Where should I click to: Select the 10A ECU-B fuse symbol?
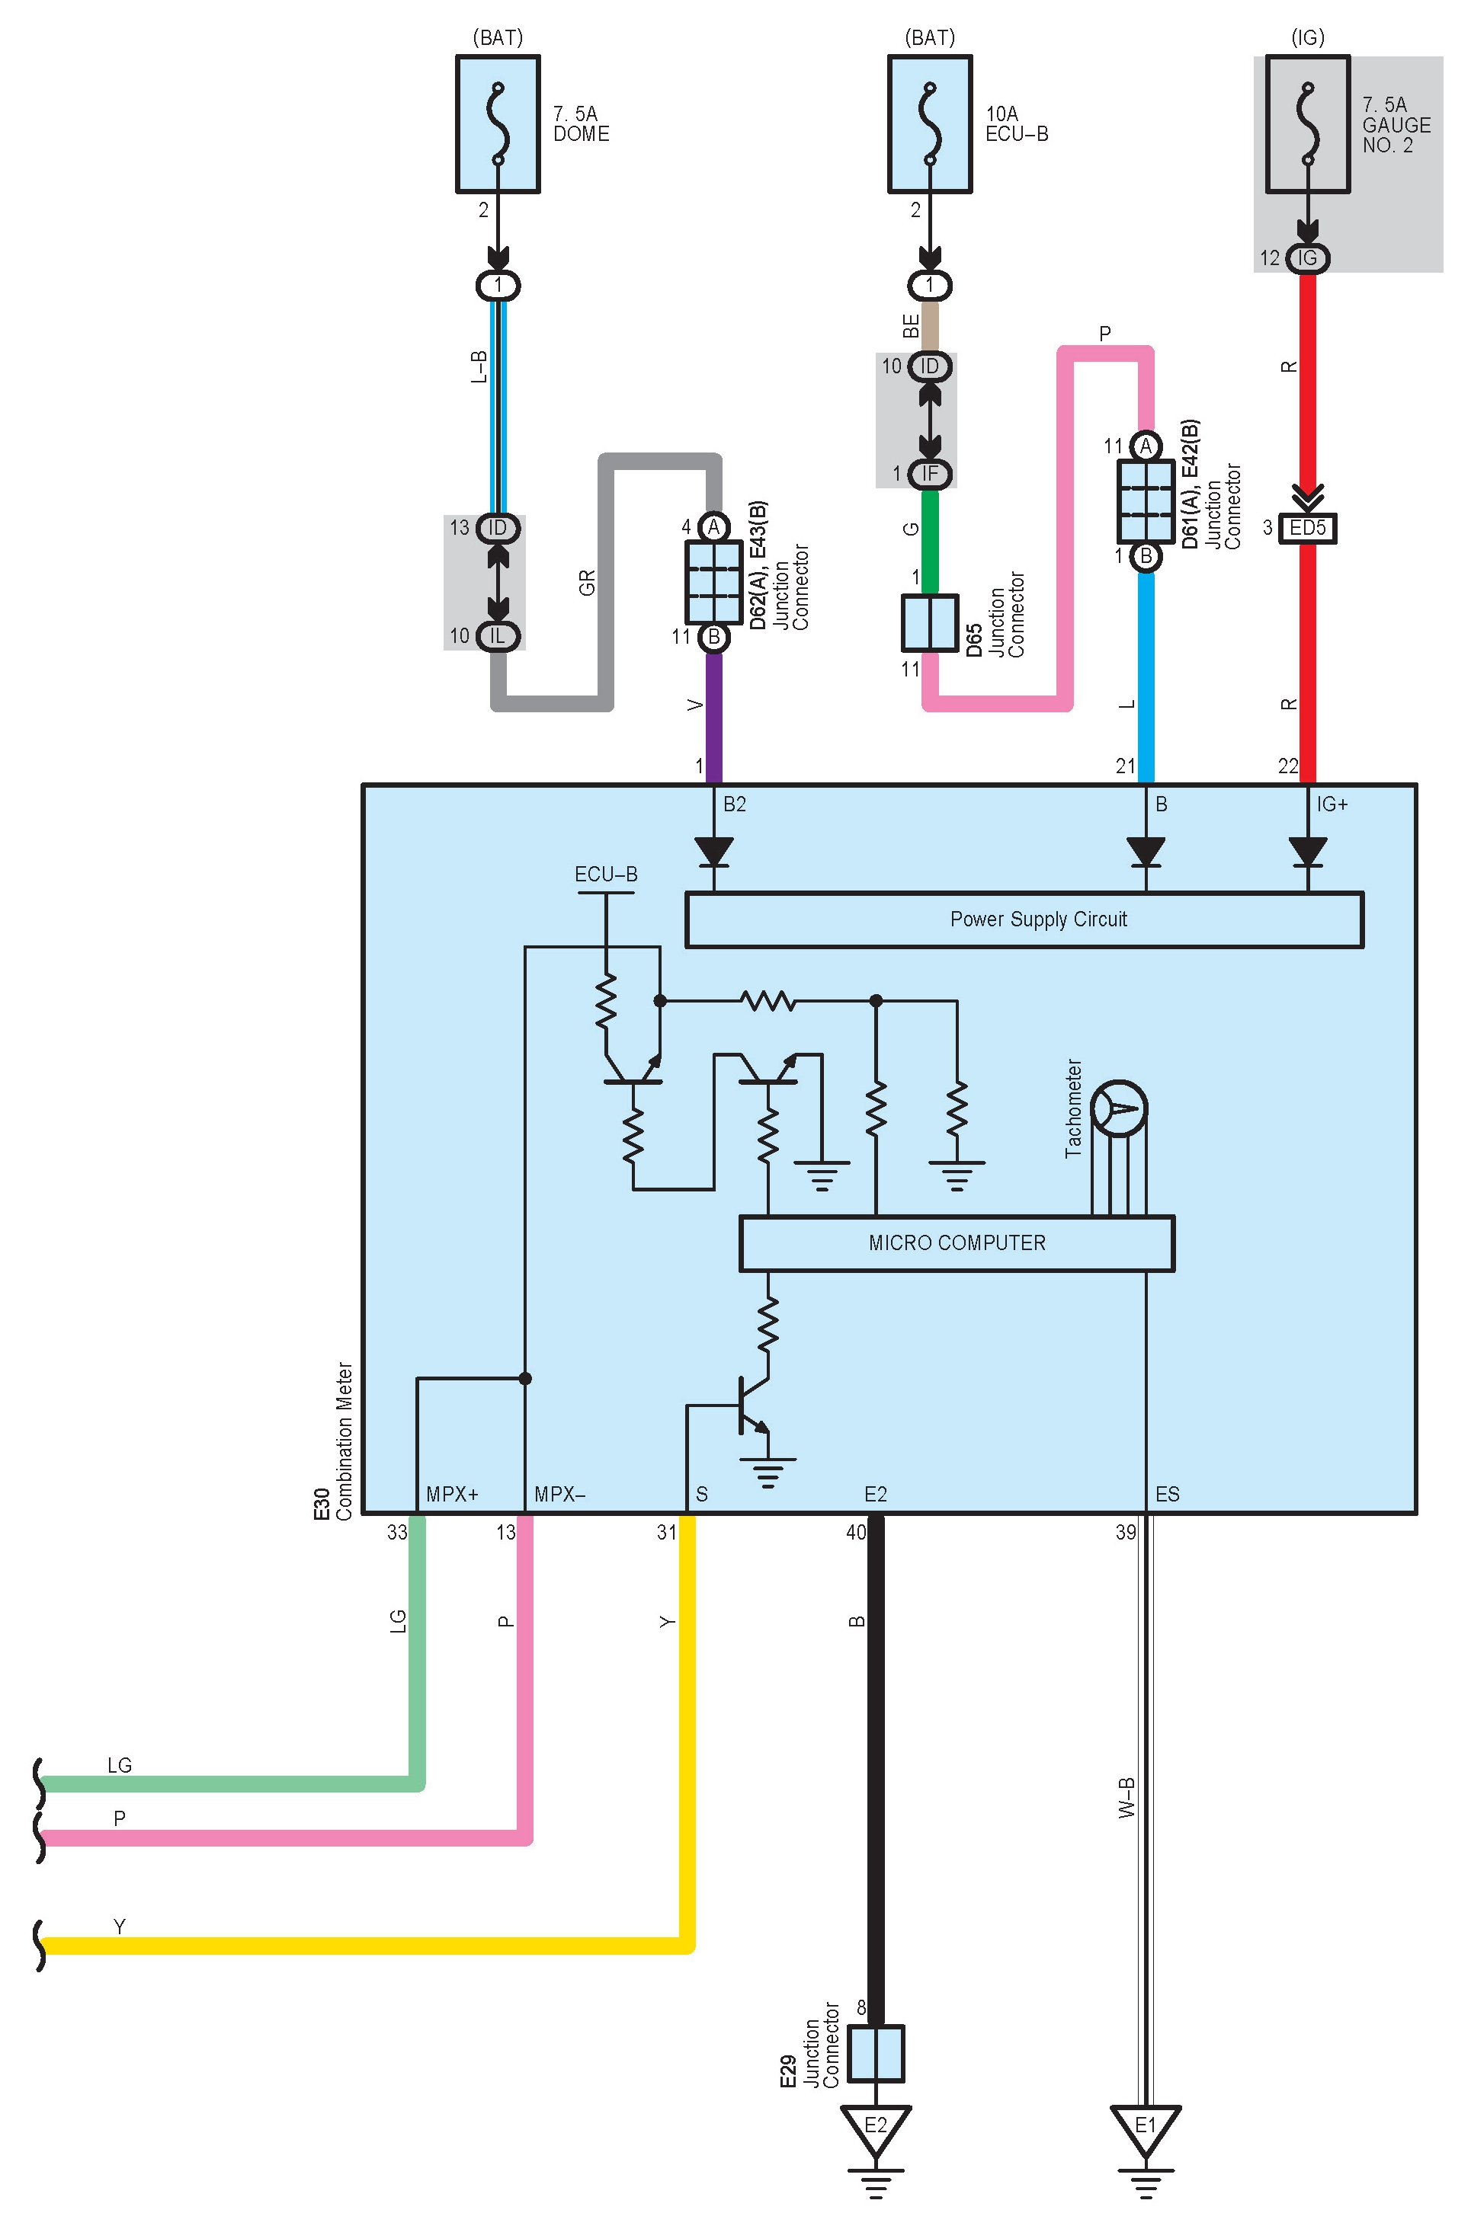(x=930, y=123)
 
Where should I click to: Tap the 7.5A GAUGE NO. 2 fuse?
(x=1307, y=123)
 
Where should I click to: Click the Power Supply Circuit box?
(x=1024, y=919)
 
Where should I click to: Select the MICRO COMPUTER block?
(x=956, y=1242)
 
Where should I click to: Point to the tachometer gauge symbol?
(x=1119, y=1108)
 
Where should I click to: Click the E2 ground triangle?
(x=874, y=2127)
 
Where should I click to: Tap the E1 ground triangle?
(x=1145, y=2127)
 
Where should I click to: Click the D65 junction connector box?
(x=929, y=622)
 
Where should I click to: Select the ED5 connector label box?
(x=1307, y=528)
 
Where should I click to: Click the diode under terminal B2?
(x=714, y=852)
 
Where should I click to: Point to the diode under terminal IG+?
(x=1307, y=852)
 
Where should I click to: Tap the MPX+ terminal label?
(x=452, y=1495)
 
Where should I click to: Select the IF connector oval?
(x=929, y=474)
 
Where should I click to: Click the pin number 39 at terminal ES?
(x=1125, y=1532)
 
